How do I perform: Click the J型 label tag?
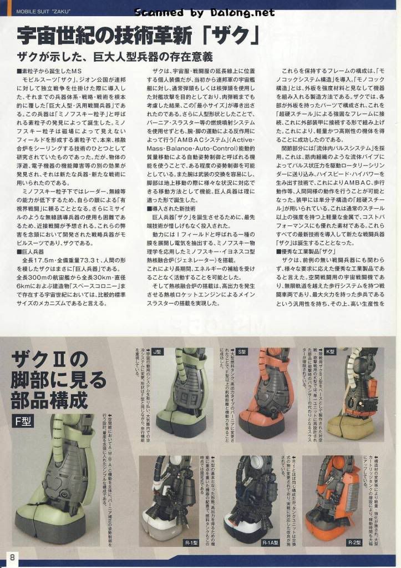157,351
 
